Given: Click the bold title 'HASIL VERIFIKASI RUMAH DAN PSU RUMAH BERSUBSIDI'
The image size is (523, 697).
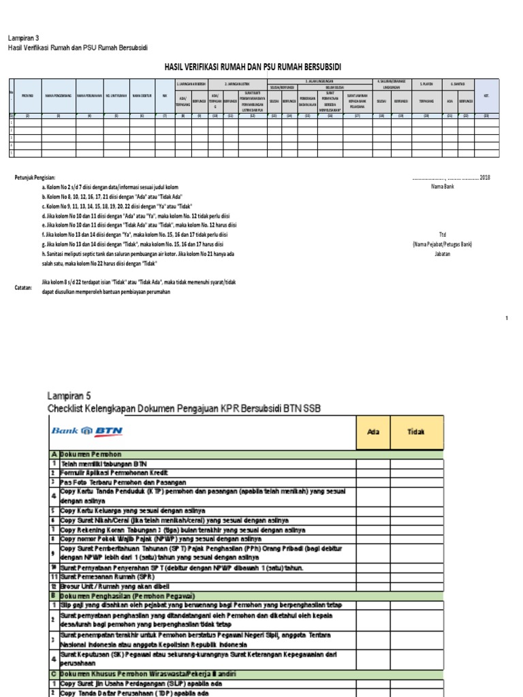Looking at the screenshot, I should click(x=253, y=67).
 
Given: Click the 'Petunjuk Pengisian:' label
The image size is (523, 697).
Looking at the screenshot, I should click(x=37, y=177).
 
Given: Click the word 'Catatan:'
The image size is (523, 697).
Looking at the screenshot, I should click(x=24, y=288).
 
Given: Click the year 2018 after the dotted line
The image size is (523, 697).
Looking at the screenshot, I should click(x=485, y=177).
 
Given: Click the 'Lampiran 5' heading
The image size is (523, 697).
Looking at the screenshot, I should click(x=67, y=395).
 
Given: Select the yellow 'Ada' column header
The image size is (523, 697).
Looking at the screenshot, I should click(x=373, y=432).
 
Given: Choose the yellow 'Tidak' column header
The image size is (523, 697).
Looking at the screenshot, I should click(x=416, y=432).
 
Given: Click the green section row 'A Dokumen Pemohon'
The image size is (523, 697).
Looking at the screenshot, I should click(x=86, y=453).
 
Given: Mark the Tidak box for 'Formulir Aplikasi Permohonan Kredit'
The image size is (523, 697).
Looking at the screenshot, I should click(x=416, y=472).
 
